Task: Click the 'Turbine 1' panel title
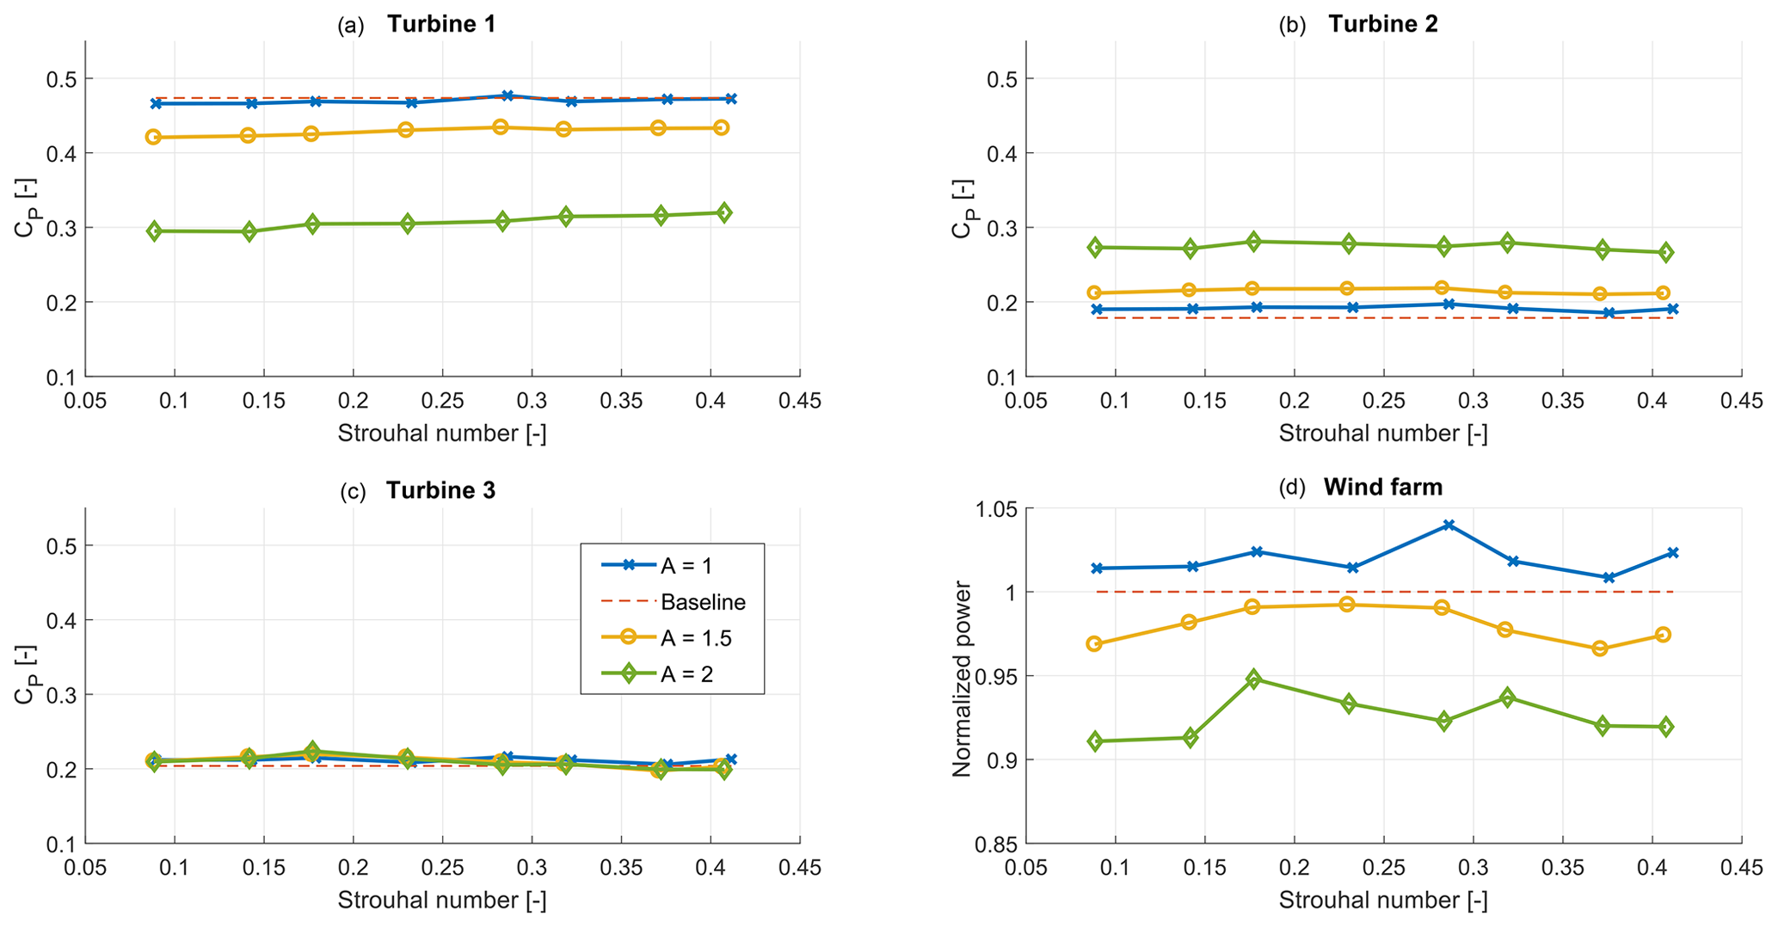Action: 440,24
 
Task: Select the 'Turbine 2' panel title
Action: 1382,24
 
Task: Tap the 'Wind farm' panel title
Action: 1382,487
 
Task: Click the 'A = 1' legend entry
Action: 686,566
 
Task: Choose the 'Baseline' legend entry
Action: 702,602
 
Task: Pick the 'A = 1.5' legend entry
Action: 695,637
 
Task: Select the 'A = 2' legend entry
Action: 686,674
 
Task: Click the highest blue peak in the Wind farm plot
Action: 1449,525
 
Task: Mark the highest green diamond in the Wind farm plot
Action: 1253,679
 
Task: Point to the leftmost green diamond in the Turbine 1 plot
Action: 155,231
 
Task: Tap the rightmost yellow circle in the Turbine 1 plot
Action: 721,128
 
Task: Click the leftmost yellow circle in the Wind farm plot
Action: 1094,644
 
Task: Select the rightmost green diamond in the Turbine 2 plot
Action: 1665,253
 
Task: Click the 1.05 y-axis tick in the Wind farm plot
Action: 996,509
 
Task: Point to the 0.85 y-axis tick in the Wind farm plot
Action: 996,844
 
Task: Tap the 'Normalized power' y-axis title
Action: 962,679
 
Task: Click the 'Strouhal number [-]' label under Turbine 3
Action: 441,900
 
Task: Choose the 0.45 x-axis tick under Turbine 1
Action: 800,401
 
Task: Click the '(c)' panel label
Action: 353,492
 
